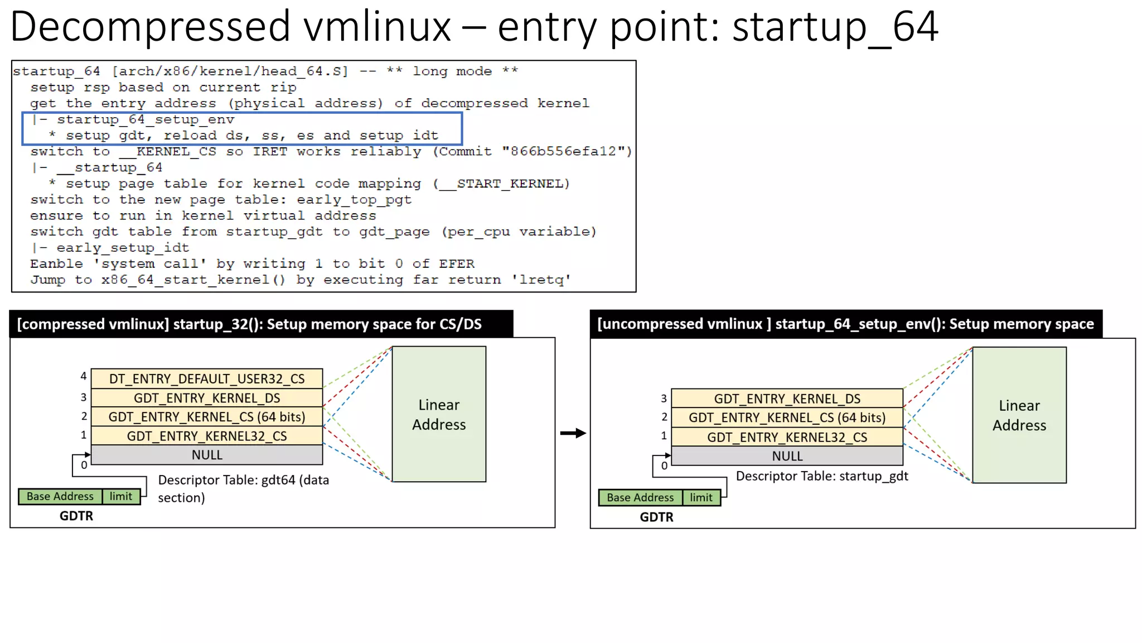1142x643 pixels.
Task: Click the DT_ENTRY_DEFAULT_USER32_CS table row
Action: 207,378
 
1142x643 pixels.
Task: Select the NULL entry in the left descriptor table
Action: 207,455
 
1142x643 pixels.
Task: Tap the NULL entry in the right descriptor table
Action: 787,456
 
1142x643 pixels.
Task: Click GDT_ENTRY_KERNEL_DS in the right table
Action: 787,399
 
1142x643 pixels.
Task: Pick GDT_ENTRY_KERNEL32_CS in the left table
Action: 207,436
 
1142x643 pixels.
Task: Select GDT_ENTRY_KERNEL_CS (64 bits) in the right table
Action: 787,418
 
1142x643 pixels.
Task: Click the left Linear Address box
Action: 439,414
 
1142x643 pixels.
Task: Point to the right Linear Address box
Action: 1019,415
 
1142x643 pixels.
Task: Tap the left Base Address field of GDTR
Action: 60,496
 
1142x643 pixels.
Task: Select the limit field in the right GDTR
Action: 701,497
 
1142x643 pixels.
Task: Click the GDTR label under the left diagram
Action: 76,516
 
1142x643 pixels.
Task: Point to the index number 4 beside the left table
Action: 84,376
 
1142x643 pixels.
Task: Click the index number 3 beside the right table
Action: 664,399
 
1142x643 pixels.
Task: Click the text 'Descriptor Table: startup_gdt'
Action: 822,476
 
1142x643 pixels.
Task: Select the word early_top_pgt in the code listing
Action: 354,200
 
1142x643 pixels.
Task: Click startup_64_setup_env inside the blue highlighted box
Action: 146,119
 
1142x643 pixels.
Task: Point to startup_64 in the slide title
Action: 835,26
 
